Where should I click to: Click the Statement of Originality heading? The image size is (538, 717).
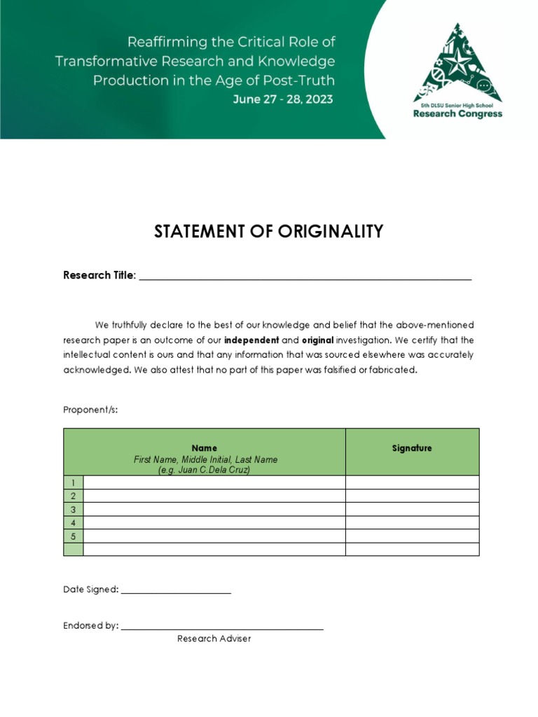coord(269,232)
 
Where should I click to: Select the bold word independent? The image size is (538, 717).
coord(251,340)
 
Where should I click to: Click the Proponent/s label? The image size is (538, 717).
coord(90,410)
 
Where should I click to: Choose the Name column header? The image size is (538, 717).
coord(205,448)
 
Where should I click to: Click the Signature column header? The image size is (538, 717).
coord(412,448)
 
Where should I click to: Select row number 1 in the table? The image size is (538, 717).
coord(73,482)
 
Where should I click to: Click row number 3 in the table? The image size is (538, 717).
coord(73,509)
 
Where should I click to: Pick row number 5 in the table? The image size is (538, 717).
coord(73,536)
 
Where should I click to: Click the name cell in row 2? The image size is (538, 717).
coord(214,496)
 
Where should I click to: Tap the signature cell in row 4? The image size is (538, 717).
coord(412,522)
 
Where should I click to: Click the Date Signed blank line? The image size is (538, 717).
coord(176,590)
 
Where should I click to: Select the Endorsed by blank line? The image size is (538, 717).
coord(222,626)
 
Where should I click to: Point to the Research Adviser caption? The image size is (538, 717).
coord(214,639)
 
